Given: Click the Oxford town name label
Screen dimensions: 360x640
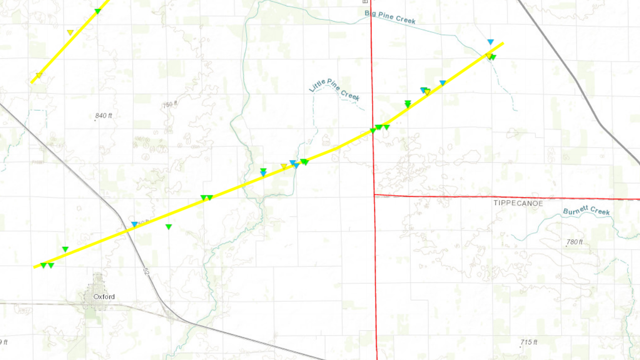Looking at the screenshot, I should point(104,297).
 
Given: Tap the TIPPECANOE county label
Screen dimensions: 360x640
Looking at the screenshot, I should point(518,203).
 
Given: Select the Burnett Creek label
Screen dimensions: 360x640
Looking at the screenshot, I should point(586,211).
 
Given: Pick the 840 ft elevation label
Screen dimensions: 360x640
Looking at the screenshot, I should point(104,116).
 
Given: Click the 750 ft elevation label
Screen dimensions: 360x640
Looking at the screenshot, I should point(170,105).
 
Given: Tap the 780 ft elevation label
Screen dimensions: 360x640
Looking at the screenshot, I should point(574,242).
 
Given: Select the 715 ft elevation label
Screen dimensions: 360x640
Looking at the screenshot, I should point(528,342).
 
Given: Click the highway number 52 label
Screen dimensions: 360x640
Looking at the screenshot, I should point(146,271).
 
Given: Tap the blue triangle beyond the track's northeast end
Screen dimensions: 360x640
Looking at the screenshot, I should point(491,42).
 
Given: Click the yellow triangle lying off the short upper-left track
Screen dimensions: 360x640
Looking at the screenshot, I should point(70,32).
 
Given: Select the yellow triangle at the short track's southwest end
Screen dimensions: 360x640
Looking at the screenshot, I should point(39,76).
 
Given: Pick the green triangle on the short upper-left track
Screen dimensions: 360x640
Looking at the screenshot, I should point(98,11).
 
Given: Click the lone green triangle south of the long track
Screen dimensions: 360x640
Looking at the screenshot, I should point(168,227).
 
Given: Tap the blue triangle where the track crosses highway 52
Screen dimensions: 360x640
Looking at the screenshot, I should point(134,225).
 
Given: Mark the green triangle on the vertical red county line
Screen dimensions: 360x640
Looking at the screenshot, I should point(373,131).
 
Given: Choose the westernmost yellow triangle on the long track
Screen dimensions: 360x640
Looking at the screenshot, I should point(284,166).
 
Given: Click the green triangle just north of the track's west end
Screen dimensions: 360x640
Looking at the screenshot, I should point(65,249).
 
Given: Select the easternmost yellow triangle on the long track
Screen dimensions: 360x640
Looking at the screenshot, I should point(489,56).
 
